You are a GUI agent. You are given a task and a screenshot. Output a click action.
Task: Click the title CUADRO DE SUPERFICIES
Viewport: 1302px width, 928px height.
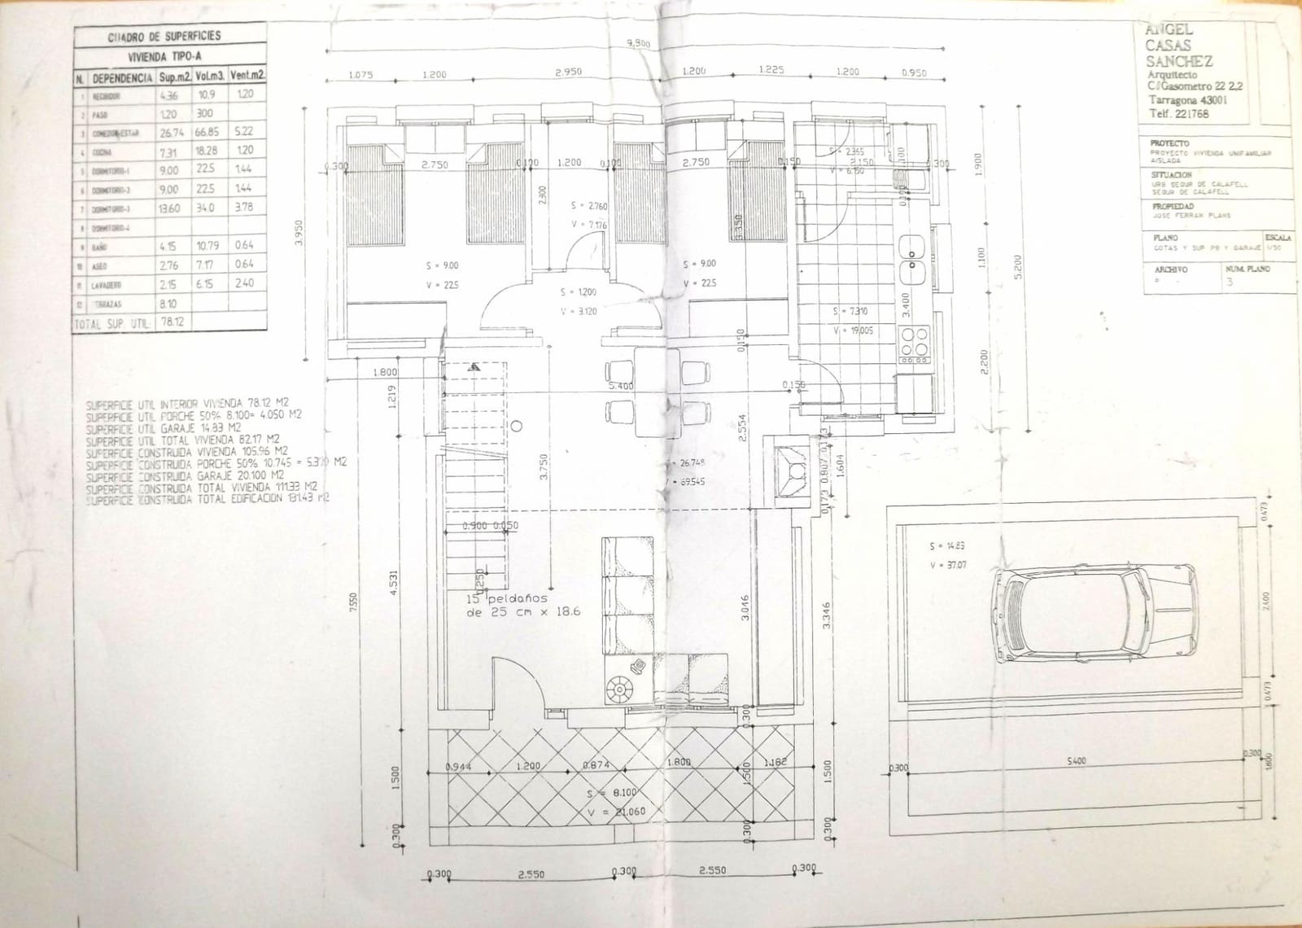[164, 37]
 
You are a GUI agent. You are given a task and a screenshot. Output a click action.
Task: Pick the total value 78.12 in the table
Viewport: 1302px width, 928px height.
[171, 322]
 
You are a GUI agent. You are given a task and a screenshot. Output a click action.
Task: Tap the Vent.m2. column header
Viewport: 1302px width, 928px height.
[247, 76]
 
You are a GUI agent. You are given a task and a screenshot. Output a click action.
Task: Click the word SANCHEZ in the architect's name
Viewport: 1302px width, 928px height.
[1178, 61]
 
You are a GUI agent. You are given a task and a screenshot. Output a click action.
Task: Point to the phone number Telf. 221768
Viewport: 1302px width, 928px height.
[1178, 114]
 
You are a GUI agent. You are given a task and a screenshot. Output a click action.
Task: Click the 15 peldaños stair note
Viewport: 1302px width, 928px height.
[522, 605]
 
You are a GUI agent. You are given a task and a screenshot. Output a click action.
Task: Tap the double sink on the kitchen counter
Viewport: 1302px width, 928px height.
[912, 258]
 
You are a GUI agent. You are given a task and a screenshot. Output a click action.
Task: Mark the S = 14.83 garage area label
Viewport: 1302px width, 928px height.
[946, 545]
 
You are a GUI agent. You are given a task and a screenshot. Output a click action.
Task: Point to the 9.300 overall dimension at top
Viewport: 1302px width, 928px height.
[638, 44]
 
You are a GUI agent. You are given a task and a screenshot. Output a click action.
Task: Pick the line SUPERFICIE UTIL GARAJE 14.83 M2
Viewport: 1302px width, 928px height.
[163, 427]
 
